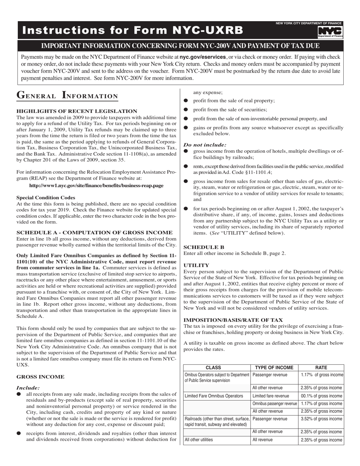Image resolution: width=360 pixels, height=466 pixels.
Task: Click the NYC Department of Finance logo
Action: click(330, 32)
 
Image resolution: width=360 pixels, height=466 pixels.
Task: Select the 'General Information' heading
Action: click(67, 95)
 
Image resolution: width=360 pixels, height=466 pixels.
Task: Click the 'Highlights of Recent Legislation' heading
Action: click(77, 111)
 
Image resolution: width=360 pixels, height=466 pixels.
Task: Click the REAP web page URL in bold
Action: click(96, 186)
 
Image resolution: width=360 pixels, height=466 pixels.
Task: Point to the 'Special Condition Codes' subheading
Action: click(46, 197)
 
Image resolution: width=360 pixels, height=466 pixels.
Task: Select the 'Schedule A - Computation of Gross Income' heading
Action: click(95, 232)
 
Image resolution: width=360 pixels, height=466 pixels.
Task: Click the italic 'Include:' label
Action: click(28, 388)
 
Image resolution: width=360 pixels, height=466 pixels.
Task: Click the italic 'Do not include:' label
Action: click(205, 144)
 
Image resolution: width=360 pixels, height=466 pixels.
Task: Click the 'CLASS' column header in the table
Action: click(217, 367)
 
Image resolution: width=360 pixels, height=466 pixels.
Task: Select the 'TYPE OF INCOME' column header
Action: click(274, 367)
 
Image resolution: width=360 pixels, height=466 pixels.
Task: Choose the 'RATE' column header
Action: click(321, 367)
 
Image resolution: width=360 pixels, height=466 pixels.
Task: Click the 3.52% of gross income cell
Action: click(321, 419)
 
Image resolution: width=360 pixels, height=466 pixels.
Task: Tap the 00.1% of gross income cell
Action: click(321, 396)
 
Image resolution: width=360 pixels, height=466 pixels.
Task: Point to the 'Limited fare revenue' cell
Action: click(271, 396)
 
